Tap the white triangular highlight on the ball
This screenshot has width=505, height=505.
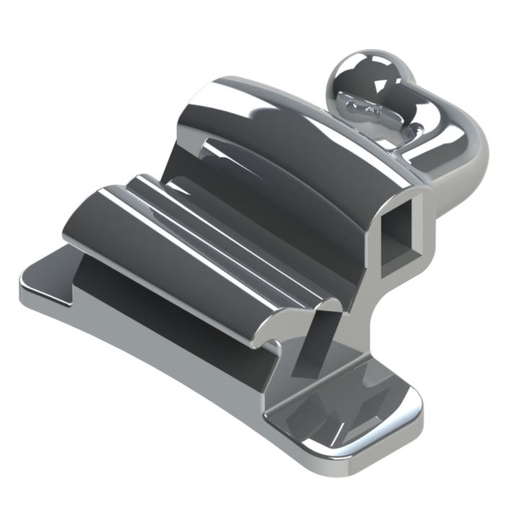(x=380, y=85)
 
